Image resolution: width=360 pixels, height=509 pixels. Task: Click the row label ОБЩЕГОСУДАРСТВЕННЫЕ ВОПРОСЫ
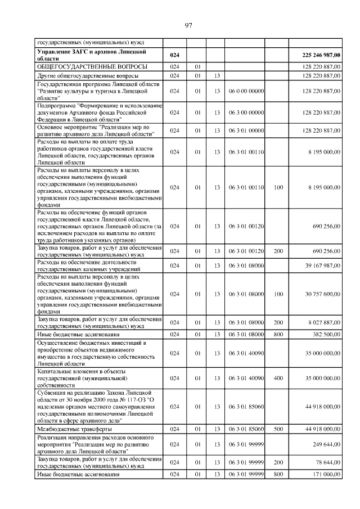click(x=92, y=66)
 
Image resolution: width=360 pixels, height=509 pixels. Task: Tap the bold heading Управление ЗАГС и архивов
click(x=90, y=52)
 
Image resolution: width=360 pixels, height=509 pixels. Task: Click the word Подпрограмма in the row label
click(x=57, y=105)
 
